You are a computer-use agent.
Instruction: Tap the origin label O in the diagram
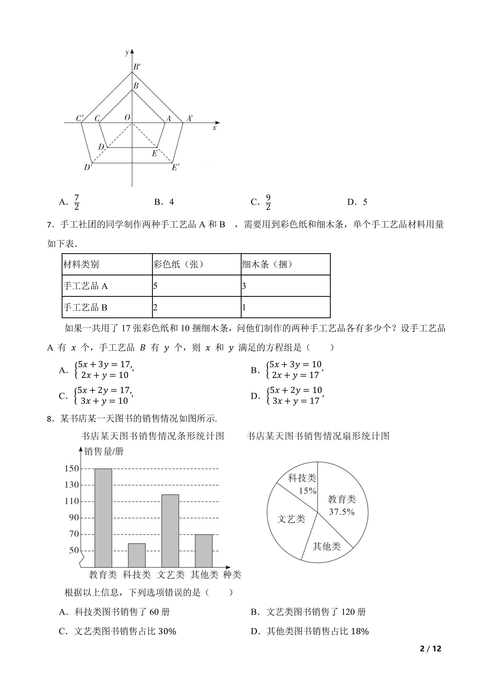127,118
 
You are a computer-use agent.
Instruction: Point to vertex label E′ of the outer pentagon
176,167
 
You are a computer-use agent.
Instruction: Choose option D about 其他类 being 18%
310,631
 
